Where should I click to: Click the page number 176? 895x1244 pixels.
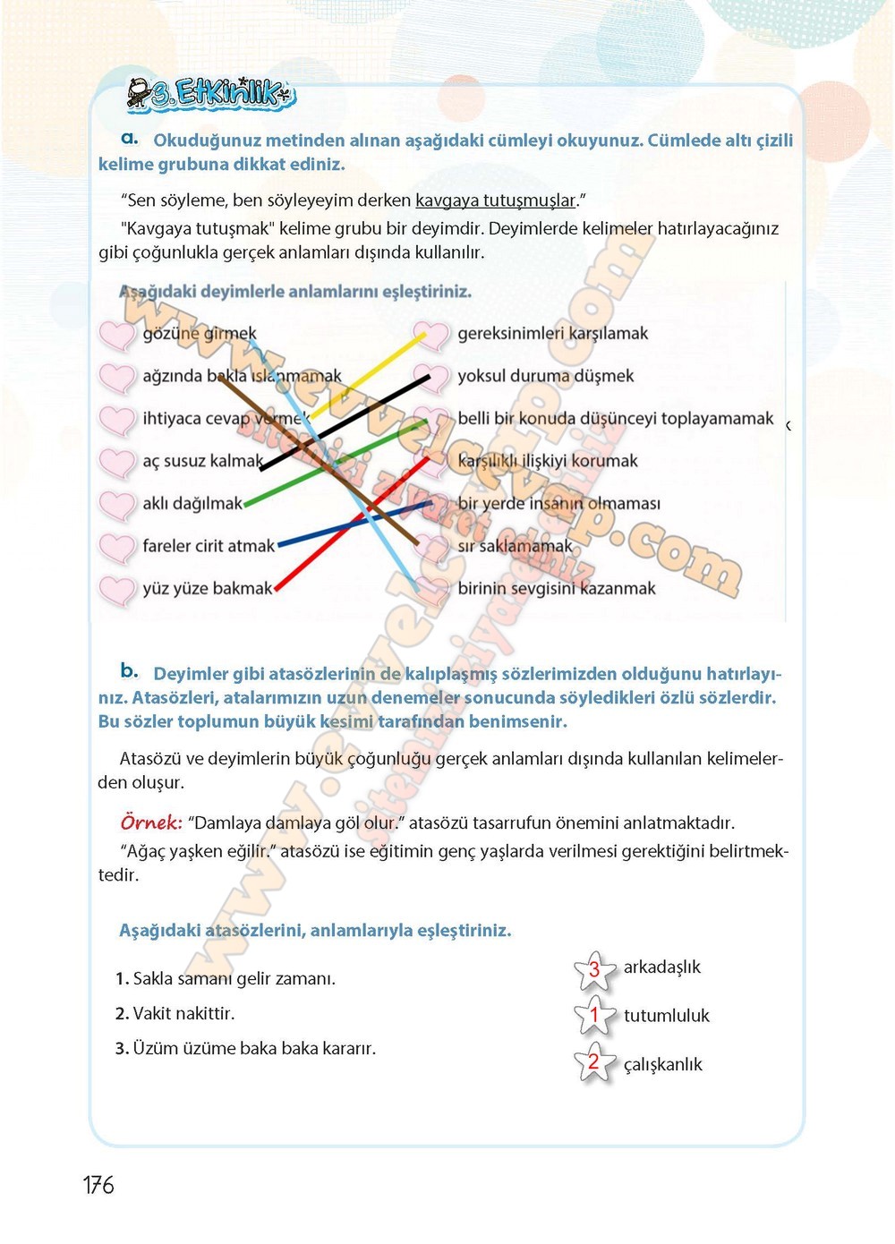coord(98,1185)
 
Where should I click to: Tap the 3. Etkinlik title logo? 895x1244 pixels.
coord(211,93)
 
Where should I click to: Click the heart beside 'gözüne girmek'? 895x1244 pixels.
coord(116,335)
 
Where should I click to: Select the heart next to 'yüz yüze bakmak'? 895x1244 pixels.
coord(116,590)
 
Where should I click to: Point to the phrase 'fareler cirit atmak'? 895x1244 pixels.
coord(209,546)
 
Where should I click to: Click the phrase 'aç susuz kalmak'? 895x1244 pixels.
coord(202,461)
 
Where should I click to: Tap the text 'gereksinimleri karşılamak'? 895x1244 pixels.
coord(552,334)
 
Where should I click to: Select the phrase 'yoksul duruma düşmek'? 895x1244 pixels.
coord(545,376)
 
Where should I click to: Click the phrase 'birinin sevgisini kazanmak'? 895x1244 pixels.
coord(556,589)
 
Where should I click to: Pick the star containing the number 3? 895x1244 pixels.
coord(594,970)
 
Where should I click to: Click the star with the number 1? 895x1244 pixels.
coord(594,1016)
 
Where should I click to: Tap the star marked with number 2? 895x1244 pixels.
coord(594,1063)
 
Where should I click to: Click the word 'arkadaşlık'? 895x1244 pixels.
coord(661,967)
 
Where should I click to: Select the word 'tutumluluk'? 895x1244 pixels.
coord(666,1016)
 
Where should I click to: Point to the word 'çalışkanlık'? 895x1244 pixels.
coord(662,1065)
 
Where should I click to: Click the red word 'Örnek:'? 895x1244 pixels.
coord(151,822)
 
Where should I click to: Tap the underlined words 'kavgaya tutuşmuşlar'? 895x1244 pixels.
coord(495,200)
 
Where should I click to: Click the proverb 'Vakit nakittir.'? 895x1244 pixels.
coord(175,1014)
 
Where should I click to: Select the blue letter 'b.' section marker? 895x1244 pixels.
coord(130,670)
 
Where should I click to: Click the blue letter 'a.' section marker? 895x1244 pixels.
coord(130,138)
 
